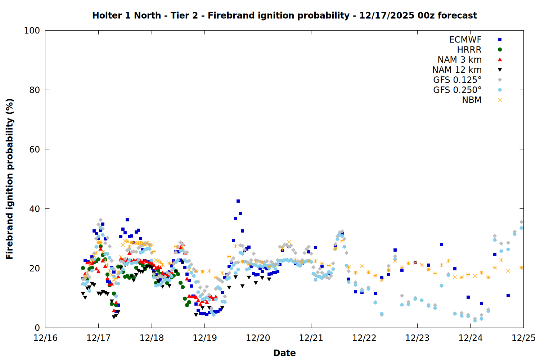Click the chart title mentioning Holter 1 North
(284, 15)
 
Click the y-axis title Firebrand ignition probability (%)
(10, 179)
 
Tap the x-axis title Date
(284, 353)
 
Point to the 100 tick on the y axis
(32, 31)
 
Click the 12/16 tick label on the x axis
(45, 338)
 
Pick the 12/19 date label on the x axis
(205, 338)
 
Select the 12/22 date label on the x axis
(364, 338)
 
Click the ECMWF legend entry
(465, 40)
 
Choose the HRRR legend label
(469, 50)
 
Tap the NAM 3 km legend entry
(459, 60)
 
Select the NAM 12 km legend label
(457, 70)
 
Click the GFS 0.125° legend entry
(457, 80)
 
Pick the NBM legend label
(472, 100)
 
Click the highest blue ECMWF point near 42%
(238, 201)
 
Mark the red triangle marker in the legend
(500, 60)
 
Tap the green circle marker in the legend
(500, 50)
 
